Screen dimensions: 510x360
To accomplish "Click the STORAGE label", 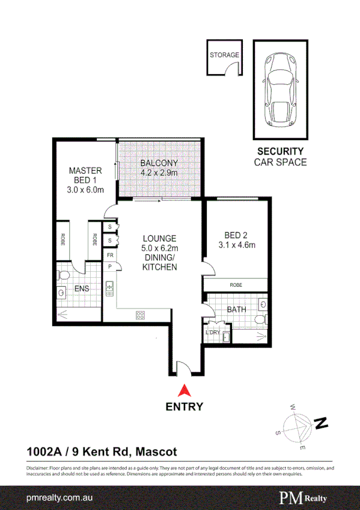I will (x=224, y=55).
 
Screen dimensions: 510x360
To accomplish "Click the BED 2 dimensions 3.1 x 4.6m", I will (x=237, y=245).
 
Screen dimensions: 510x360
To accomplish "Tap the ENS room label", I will (x=82, y=289).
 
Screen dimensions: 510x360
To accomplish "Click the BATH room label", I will (x=236, y=310).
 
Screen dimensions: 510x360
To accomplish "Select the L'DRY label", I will (x=213, y=333).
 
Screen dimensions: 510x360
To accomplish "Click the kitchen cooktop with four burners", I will (x=141, y=315).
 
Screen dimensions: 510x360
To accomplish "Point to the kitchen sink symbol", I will (x=110, y=289).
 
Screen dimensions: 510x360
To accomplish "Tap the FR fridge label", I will (x=110, y=255).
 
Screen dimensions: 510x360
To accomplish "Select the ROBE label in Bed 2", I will (x=236, y=285).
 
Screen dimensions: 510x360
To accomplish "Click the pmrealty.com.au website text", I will (x=59, y=499).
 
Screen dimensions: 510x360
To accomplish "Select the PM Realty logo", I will (x=303, y=498).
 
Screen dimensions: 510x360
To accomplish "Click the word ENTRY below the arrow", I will (x=185, y=407).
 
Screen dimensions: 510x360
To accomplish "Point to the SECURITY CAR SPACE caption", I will (x=280, y=156).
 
